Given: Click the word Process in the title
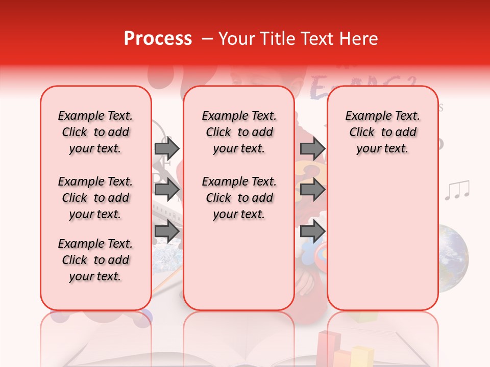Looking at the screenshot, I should [x=158, y=39].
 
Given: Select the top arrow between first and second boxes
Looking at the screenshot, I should [x=167, y=148].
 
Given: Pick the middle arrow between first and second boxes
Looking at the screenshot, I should [x=167, y=190].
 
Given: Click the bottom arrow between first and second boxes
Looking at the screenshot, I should [x=167, y=231].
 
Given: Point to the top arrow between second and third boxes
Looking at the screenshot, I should [x=312, y=148].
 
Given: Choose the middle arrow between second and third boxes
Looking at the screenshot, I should [x=312, y=190].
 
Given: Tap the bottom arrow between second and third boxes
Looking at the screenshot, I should [x=312, y=231].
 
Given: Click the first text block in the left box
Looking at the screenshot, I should [x=95, y=132].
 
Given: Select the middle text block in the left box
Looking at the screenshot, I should [x=95, y=198].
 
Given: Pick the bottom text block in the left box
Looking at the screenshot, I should [x=95, y=260].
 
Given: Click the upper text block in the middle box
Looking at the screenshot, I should [x=239, y=132].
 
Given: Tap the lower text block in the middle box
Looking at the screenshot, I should [x=239, y=198].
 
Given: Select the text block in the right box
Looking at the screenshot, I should [x=383, y=132].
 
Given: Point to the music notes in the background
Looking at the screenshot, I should [x=456, y=190].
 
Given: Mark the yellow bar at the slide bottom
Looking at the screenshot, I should [x=361, y=356].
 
